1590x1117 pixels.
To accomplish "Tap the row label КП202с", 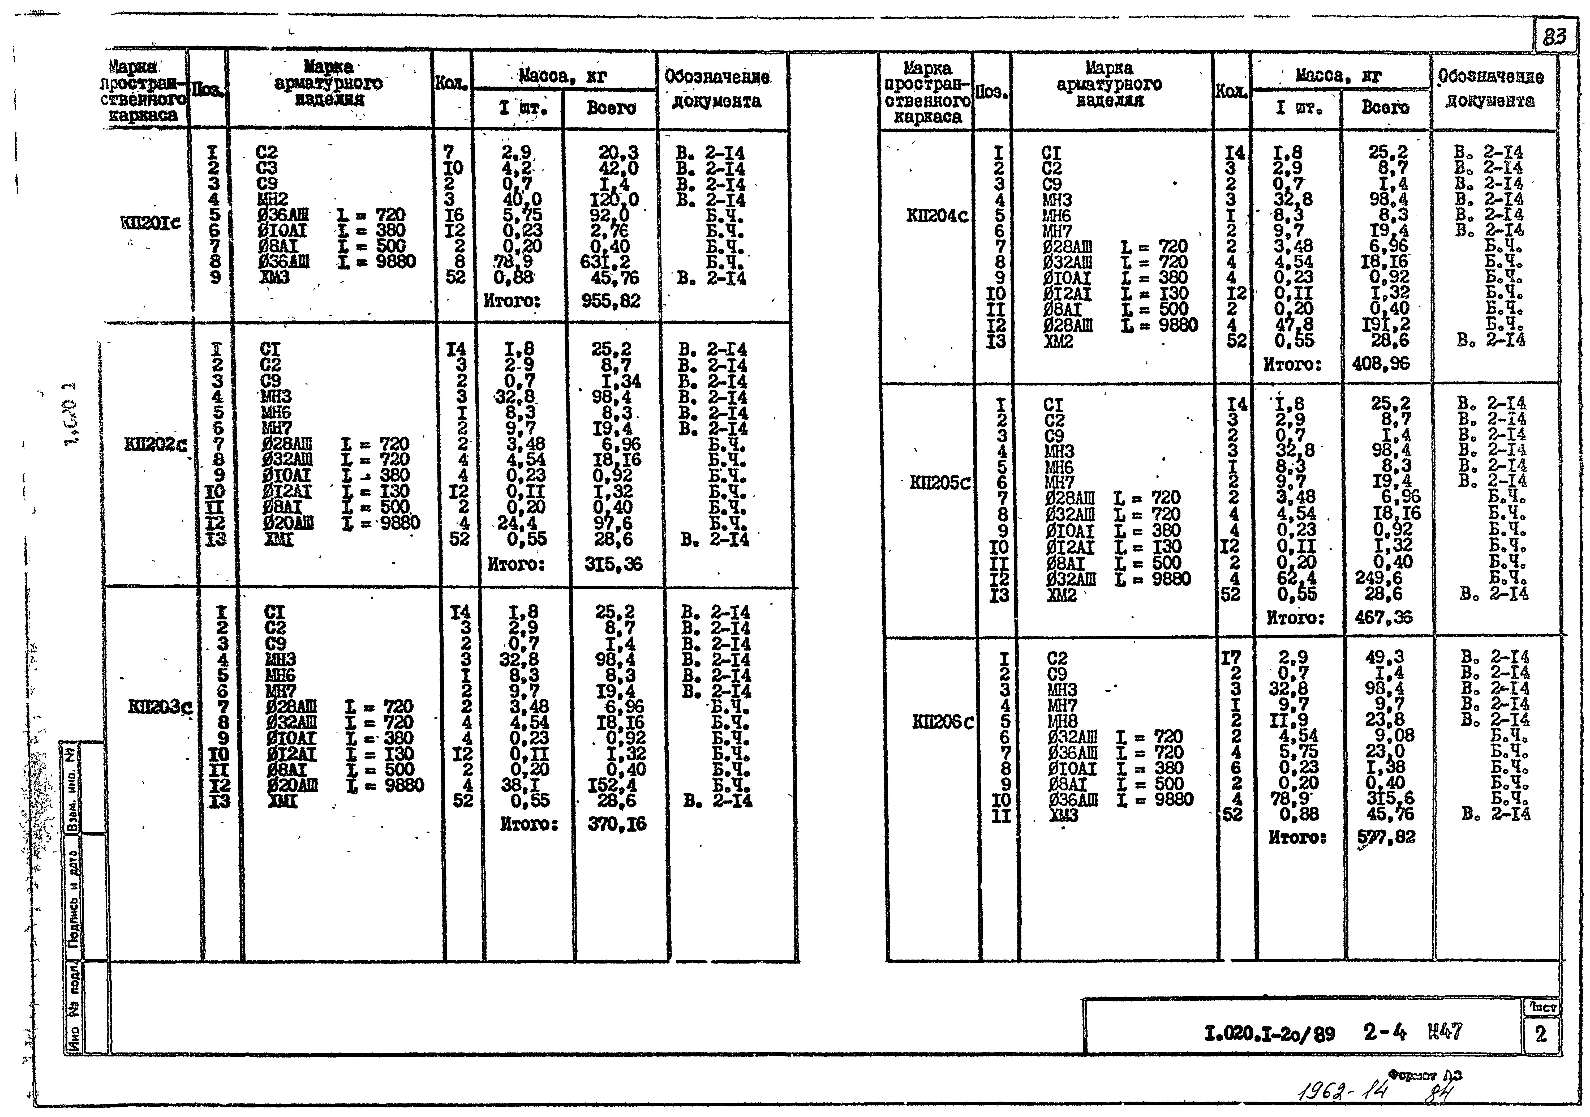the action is click(155, 444).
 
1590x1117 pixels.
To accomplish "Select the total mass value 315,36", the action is click(613, 564).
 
